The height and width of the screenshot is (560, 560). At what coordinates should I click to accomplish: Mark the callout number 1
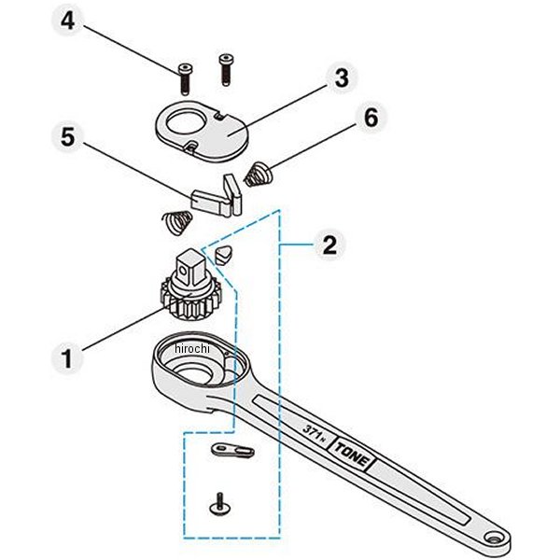click(65, 357)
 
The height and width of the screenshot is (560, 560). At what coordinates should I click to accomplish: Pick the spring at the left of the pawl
click(175, 223)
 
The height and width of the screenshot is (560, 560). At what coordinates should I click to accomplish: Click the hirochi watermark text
click(193, 348)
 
